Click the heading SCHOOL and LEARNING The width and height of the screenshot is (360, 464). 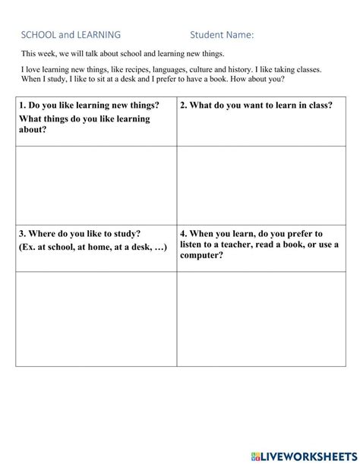point(70,34)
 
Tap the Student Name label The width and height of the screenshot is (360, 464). point(222,34)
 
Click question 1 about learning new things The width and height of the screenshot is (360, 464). point(90,106)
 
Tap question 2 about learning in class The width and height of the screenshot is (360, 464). point(256,106)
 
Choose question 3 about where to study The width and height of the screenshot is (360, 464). point(80,234)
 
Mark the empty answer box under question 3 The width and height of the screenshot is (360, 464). point(96,318)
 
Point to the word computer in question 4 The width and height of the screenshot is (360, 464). point(201,255)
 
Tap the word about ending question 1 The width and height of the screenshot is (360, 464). point(33,129)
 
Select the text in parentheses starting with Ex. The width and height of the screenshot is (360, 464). point(93,248)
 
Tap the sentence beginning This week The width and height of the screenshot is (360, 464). point(122,53)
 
